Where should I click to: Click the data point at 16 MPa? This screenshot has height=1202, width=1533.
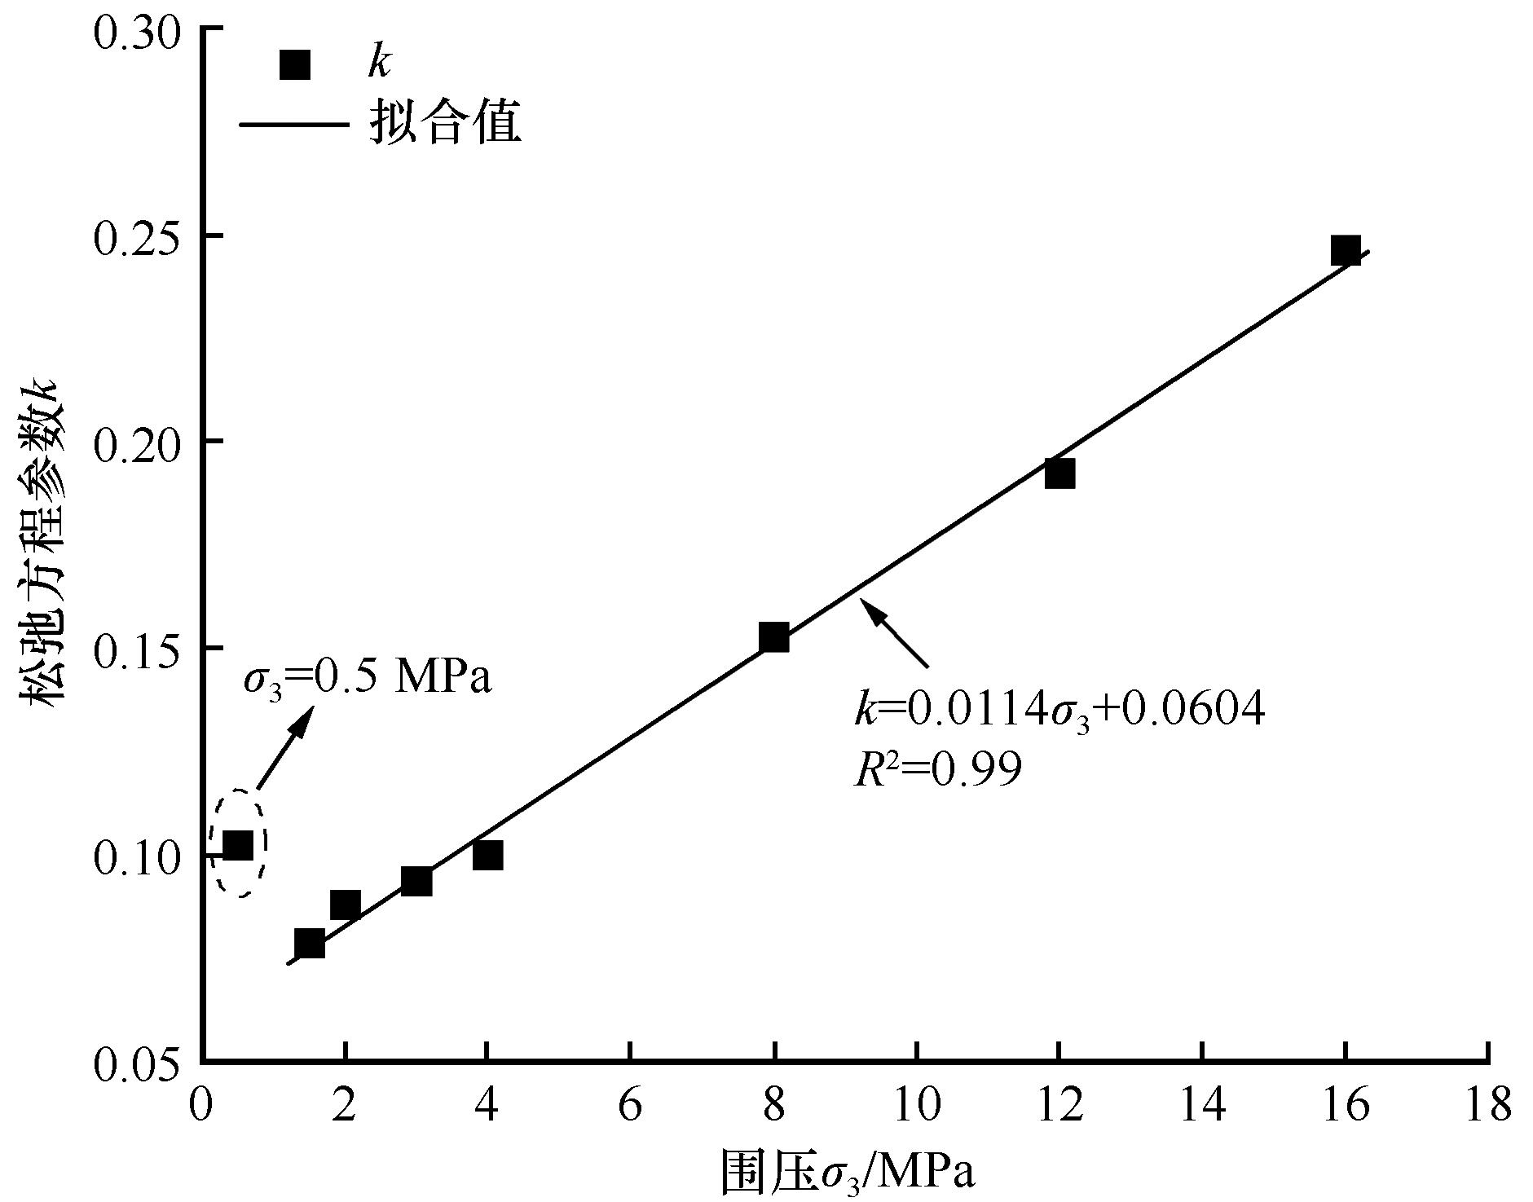click(x=1346, y=251)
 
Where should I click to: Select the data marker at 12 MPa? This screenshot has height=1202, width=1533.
click(x=1059, y=473)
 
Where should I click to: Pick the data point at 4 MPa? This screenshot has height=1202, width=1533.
click(x=487, y=856)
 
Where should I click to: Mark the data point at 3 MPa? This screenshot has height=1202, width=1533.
click(x=416, y=882)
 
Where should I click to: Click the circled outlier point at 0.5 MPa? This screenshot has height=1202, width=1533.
click(x=238, y=846)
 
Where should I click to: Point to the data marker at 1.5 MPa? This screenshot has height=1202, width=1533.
click(x=310, y=944)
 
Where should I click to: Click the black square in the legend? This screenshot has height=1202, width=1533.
click(x=295, y=65)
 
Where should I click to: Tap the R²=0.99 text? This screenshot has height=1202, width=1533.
click(x=937, y=768)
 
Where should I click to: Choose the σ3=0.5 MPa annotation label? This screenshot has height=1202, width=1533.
click(x=368, y=678)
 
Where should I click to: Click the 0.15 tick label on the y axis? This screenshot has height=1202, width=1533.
click(x=134, y=649)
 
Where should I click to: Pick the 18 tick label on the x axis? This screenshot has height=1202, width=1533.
click(x=1488, y=1107)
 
